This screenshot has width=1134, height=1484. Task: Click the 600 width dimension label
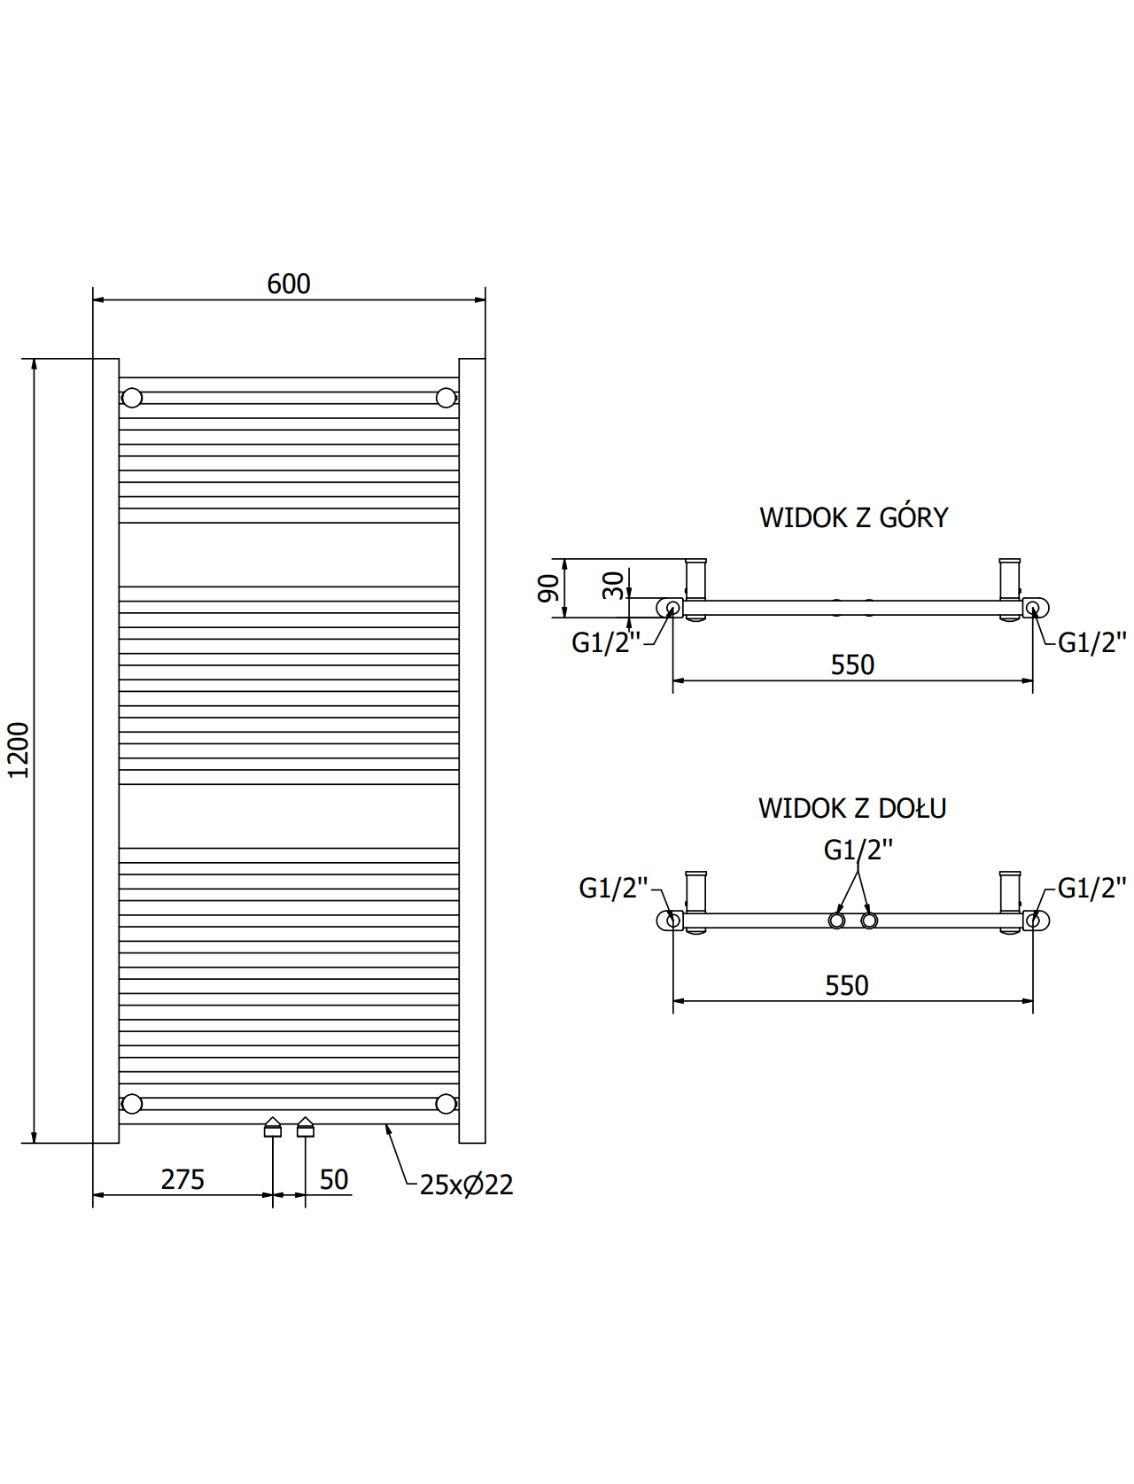click(289, 284)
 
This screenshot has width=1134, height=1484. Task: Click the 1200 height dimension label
click(19, 750)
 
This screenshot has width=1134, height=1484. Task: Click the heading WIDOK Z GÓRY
click(853, 518)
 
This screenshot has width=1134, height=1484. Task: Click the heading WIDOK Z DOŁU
click(852, 809)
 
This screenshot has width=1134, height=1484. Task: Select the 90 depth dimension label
click(548, 587)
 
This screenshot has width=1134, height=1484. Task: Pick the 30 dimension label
click(614, 586)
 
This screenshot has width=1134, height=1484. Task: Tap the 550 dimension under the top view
click(852, 665)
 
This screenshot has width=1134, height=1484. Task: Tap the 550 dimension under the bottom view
click(847, 986)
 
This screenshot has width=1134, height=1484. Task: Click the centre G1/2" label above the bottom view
click(858, 850)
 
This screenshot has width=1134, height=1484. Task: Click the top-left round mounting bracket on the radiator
click(132, 398)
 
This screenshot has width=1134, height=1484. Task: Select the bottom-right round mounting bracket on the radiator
click(446, 1103)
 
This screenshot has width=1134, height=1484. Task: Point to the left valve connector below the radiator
click(272, 1127)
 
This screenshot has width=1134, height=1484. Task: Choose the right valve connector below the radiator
click(306, 1127)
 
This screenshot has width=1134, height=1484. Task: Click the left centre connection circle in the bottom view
click(836, 921)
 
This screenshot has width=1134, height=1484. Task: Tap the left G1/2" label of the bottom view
click(614, 888)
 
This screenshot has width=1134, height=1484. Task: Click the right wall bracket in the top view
click(1010, 580)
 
